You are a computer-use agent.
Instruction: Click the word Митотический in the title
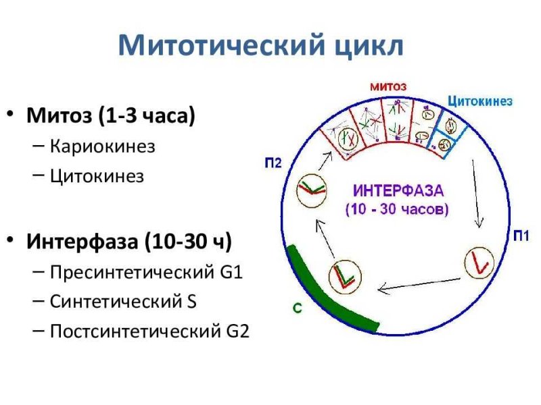[x=221, y=45]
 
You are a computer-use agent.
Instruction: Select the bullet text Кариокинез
[x=103, y=146]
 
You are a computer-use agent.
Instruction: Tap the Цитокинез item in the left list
[x=97, y=176]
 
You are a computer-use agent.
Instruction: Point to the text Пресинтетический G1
[x=146, y=272]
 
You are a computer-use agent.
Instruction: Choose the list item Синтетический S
[x=123, y=301]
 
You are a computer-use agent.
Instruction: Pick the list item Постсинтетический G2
[x=149, y=331]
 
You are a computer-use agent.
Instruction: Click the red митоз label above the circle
[x=388, y=86]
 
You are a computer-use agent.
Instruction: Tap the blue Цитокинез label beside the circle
[x=480, y=101]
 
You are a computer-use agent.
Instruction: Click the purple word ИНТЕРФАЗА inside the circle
[x=398, y=191]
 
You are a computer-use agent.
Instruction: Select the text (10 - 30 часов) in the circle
[x=397, y=209]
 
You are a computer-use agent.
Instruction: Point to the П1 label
[x=521, y=236]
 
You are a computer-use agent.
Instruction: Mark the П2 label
[x=273, y=163]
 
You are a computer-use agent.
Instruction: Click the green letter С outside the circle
[x=298, y=308]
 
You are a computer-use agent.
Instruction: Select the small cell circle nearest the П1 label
[x=479, y=263]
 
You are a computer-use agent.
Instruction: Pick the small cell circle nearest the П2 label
[x=312, y=190]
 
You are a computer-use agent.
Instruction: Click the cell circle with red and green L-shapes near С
[x=345, y=277]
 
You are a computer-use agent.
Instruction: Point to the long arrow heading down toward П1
[x=476, y=194]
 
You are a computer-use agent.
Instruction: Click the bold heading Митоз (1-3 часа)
[x=110, y=115]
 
